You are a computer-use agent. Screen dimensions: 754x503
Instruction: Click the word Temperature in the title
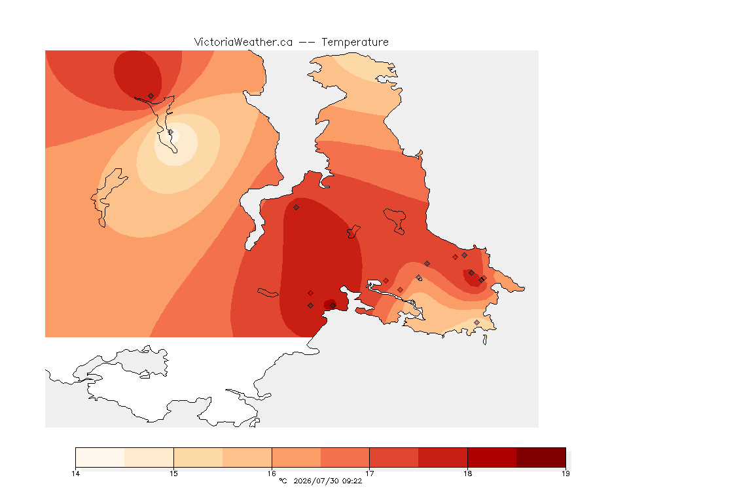pyautogui.click(x=355, y=43)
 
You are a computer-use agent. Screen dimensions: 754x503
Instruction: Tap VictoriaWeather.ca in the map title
pyautogui.click(x=243, y=43)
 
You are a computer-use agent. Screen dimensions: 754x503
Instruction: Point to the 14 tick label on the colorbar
pyautogui.click(x=75, y=474)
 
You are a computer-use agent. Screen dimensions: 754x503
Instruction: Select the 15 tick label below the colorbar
pyautogui.click(x=173, y=474)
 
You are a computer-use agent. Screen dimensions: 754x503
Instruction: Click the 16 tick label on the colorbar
pyautogui.click(x=272, y=474)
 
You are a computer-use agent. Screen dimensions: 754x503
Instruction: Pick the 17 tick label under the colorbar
pyautogui.click(x=369, y=474)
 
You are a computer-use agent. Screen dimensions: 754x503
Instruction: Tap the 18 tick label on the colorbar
pyautogui.click(x=467, y=474)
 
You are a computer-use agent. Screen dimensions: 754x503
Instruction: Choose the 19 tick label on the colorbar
pyautogui.click(x=565, y=474)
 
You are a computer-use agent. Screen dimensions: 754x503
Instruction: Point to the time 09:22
pyautogui.click(x=352, y=481)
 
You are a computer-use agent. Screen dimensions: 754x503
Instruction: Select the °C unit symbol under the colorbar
pyautogui.click(x=283, y=481)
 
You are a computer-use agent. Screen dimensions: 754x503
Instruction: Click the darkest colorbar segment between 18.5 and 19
pyautogui.click(x=541, y=457)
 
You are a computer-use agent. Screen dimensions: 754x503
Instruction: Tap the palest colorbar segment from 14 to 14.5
pyautogui.click(x=100, y=457)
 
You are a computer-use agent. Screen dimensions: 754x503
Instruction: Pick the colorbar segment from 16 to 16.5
pyautogui.click(x=296, y=457)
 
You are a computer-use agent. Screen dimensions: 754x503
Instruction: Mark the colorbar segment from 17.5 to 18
pyautogui.click(x=443, y=457)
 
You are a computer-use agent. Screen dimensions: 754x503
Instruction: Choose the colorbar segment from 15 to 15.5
pyautogui.click(x=198, y=457)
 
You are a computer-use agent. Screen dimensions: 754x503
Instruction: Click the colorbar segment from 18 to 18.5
pyautogui.click(x=492, y=457)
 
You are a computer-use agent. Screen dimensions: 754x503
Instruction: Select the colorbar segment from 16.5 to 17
pyautogui.click(x=345, y=457)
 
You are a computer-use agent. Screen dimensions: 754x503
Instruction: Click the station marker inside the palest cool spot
pyautogui.click(x=170, y=132)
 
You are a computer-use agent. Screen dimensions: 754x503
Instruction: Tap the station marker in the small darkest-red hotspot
pyautogui.click(x=332, y=306)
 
